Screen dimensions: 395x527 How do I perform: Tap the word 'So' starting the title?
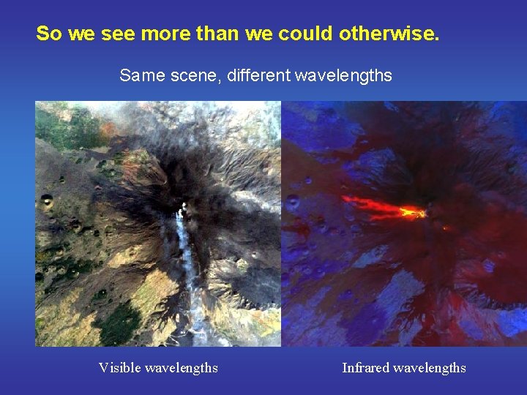point(48,34)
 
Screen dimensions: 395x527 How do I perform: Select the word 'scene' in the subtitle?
point(193,75)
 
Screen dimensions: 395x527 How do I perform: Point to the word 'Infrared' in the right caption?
point(367,368)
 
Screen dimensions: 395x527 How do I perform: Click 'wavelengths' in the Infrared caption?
point(430,368)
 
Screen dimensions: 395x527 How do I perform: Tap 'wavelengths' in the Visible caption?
point(183,368)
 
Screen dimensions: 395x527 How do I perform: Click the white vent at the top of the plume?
point(182,208)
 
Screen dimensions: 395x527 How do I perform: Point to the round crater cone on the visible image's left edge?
point(47,199)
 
